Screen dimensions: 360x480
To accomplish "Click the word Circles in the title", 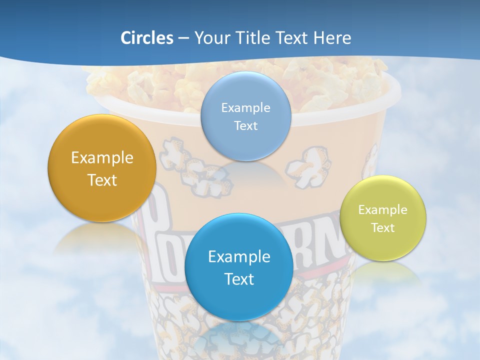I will click(x=146, y=38).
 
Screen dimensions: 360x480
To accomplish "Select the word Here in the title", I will click(x=332, y=38).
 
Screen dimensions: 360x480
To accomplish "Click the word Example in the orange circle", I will click(x=102, y=158).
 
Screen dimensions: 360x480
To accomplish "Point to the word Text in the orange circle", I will click(x=102, y=180).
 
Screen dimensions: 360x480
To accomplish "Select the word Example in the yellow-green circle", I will click(x=383, y=210).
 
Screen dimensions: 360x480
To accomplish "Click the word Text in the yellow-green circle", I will click(x=383, y=228).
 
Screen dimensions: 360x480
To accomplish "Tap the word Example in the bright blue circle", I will click(x=239, y=257).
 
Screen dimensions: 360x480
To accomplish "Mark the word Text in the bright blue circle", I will click(x=239, y=279).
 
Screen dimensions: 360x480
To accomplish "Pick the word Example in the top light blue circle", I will click(x=245, y=108).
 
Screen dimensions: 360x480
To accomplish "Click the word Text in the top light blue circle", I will click(x=245, y=126).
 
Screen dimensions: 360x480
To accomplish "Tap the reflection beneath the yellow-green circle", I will click(x=382, y=272).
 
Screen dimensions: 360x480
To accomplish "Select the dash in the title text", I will click(x=183, y=38).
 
